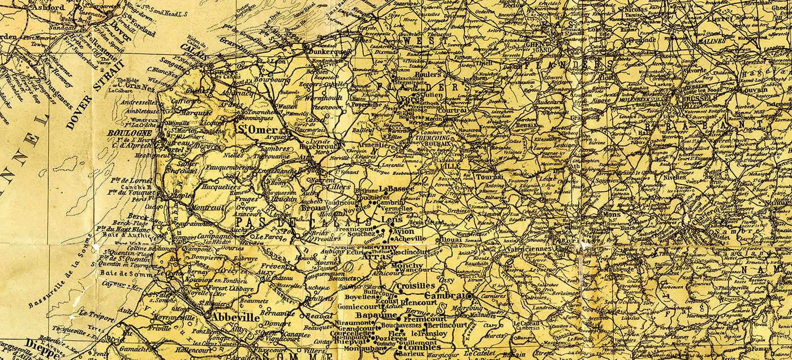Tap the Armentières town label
[x=383, y=146]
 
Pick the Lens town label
[x=390, y=219]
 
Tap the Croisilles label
[x=416, y=286]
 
